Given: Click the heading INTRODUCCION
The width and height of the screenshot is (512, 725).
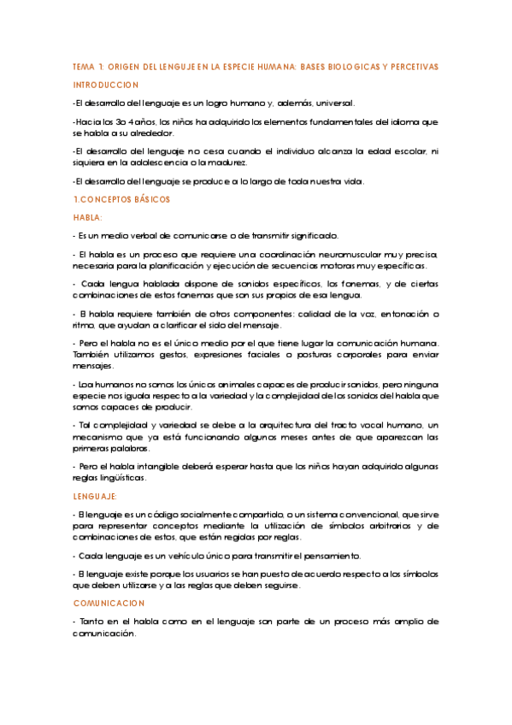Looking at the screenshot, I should click(106, 85).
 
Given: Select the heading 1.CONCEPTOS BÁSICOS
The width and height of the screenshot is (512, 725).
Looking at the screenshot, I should click(122, 199).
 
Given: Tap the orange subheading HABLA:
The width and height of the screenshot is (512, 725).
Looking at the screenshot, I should click(88, 217).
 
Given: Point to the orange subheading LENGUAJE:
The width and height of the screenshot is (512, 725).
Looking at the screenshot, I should click(96, 496).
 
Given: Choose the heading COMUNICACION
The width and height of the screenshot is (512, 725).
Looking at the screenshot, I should click(109, 602).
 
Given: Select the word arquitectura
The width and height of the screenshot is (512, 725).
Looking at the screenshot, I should click(272, 425).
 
